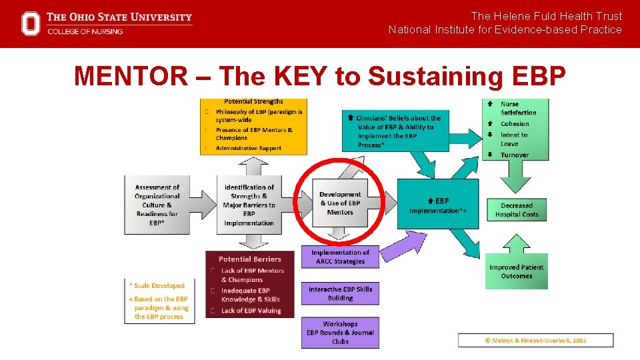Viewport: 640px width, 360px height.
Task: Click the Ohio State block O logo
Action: point(31,23)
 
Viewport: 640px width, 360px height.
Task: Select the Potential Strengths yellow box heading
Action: point(253,102)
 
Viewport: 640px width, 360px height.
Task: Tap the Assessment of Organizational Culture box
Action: point(157,205)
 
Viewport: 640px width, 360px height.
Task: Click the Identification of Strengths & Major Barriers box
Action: point(249,205)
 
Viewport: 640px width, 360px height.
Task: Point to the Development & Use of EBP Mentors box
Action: point(340,203)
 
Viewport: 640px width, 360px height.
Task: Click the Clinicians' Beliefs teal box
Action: point(399,131)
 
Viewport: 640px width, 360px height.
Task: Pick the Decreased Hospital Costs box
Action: point(517,210)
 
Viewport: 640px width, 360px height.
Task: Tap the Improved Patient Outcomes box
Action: point(517,271)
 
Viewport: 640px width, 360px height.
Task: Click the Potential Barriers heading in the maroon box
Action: point(250,259)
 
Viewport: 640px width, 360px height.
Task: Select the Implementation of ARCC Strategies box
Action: point(340,257)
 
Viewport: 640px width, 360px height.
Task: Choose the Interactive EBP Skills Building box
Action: point(340,293)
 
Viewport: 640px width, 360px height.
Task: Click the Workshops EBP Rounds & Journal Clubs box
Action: point(340,333)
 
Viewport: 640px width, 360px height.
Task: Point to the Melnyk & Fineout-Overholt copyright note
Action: point(535,340)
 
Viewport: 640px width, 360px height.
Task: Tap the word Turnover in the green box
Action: point(515,155)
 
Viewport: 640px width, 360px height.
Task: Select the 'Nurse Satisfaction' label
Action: point(518,108)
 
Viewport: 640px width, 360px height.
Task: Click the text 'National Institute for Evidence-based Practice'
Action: point(505,29)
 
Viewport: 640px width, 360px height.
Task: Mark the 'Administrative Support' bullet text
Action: point(249,148)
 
